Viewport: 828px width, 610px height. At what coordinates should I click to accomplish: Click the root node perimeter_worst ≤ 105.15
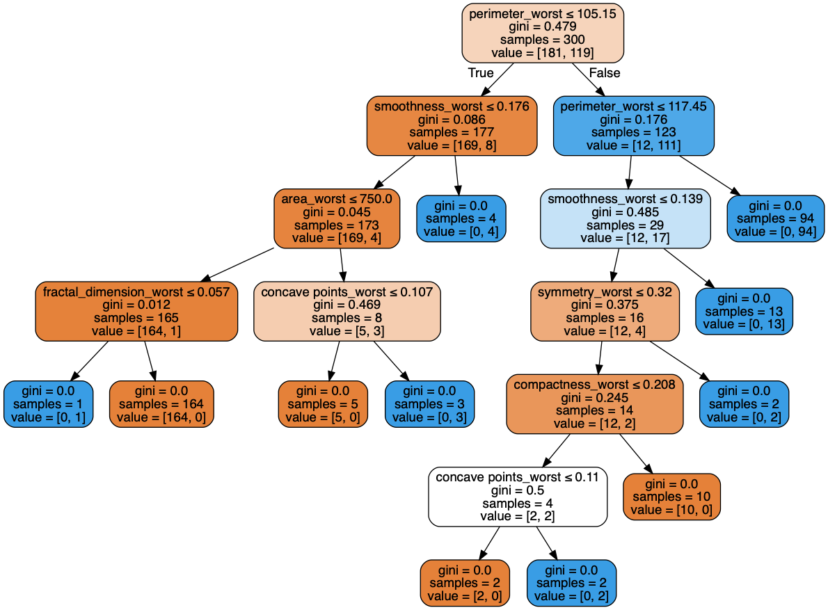pos(543,33)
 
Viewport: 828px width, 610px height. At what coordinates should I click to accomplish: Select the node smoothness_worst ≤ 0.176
pos(452,126)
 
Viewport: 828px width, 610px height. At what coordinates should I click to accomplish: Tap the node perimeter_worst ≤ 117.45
pos(634,126)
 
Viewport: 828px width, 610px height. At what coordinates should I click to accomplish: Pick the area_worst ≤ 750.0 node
pos(337,218)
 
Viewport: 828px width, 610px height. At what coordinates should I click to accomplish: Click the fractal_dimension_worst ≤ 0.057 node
pos(136,311)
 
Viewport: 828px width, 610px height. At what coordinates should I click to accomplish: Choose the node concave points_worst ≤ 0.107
pos(347,311)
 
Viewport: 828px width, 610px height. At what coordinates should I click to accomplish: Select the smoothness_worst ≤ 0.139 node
pos(626,218)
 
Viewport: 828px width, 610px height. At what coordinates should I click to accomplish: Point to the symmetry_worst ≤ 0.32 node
pos(605,311)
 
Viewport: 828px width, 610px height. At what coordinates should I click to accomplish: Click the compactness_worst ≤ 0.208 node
pos(595,403)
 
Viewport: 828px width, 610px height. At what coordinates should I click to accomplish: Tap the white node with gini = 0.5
pos(518,497)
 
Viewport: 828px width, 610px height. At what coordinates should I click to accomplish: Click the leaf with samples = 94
pos(776,218)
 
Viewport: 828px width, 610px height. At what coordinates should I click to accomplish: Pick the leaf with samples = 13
pos(745,311)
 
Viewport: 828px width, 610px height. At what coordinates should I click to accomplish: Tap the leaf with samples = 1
pos(48,403)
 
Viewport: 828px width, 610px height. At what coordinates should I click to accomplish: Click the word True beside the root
pos(481,73)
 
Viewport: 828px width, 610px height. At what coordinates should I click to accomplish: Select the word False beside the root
pos(604,73)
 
